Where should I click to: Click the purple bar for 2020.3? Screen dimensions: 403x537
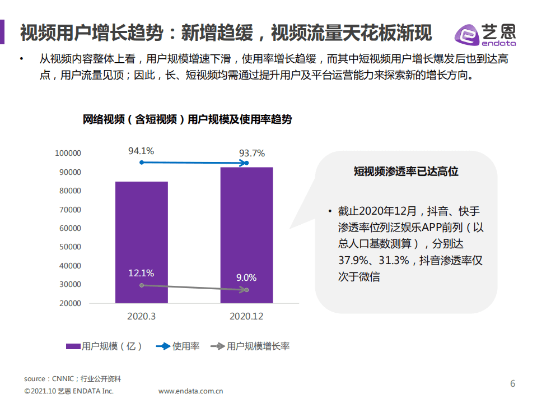click(x=141, y=242)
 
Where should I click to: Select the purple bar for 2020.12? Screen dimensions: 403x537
click(x=246, y=235)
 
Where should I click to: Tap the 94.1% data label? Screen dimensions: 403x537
click(x=141, y=151)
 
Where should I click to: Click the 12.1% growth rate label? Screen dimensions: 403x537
click(x=141, y=273)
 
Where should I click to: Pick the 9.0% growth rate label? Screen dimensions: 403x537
click(x=246, y=277)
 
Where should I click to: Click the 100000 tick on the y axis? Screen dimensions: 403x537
click(x=68, y=153)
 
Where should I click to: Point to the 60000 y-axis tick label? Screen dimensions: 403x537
click(x=70, y=228)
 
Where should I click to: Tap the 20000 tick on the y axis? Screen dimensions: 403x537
click(x=70, y=303)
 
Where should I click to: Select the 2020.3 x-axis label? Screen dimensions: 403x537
click(x=141, y=316)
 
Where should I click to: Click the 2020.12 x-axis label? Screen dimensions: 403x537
click(x=246, y=316)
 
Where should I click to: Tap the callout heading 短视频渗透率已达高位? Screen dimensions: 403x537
click(x=406, y=172)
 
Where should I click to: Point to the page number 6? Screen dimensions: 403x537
click(x=512, y=384)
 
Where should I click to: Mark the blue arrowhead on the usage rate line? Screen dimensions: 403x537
click(x=245, y=163)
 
